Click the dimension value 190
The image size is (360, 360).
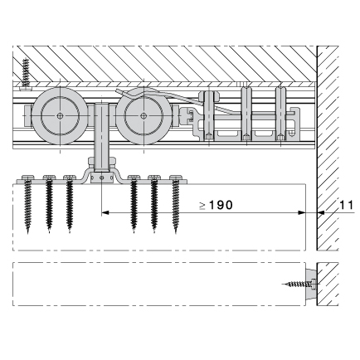[x=221, y=205]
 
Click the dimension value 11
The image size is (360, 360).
[x=347, y=205]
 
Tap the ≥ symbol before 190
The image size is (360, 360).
[x=202, y=206]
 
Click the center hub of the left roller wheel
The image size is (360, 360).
[x=60, y=116]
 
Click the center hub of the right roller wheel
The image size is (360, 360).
[x=144, y=116]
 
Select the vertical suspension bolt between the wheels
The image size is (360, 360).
[x=102, y=137]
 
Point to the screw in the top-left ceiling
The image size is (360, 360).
[x=26, y=73]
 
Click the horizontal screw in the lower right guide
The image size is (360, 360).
[x=299, y=284]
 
